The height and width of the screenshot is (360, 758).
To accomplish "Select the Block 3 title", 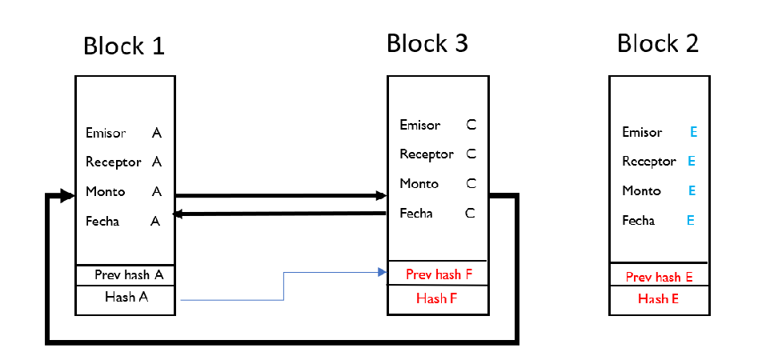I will (427, 43).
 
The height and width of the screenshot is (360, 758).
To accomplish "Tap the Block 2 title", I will (658, 43).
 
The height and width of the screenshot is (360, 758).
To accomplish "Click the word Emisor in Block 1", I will (106, 133).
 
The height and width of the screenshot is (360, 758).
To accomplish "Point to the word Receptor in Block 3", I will (427, 154).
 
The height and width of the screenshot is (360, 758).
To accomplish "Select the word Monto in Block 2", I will (642, 191).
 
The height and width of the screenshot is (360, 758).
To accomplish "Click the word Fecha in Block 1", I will (102, 221).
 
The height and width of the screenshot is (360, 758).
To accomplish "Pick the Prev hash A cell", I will (126, 274).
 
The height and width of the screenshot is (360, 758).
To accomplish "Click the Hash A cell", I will (126, 298).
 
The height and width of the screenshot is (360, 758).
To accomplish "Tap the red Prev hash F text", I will (439, 274).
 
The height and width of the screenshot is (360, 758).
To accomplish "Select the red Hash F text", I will (437, 298).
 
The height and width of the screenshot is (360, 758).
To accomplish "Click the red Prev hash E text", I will (659, 277).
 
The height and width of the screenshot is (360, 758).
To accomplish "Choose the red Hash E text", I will (659, 299).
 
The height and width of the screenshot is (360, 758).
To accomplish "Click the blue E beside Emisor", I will (693, 133).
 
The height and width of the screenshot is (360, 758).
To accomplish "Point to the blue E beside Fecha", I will (689, 221).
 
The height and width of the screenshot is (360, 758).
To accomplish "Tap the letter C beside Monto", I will (471, 184).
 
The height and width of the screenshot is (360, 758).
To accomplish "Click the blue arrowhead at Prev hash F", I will (383, 273).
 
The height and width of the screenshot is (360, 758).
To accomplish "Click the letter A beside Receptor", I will (157, 162).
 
